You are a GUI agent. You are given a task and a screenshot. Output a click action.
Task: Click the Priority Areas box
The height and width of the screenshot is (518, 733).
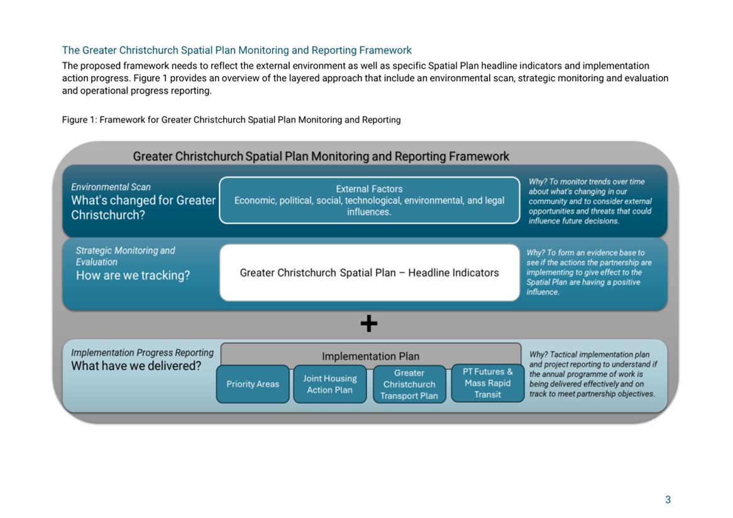253,384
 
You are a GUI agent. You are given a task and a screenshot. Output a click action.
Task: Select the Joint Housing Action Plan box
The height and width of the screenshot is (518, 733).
330,384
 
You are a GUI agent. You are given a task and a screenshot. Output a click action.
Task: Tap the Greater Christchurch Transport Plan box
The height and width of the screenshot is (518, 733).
409,384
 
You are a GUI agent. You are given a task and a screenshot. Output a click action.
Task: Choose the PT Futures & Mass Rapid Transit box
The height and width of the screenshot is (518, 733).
488,383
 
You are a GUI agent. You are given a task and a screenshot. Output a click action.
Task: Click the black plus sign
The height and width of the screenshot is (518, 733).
369,323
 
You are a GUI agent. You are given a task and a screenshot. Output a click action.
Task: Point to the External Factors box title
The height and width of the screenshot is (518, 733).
369,189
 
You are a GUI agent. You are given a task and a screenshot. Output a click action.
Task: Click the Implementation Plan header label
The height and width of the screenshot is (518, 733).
371,356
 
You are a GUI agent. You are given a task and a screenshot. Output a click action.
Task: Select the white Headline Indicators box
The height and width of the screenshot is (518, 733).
370,272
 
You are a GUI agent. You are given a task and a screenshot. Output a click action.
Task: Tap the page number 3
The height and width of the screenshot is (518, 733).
668,500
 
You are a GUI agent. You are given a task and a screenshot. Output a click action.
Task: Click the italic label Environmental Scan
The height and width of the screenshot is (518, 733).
111,187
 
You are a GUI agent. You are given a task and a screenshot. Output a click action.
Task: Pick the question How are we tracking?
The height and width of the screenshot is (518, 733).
133,276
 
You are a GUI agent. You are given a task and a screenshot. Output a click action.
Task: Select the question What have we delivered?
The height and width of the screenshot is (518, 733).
136,365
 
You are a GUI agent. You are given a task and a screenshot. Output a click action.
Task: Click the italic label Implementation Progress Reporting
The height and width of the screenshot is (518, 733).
142,353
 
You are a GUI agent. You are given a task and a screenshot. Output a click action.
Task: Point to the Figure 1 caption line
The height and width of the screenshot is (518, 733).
231,119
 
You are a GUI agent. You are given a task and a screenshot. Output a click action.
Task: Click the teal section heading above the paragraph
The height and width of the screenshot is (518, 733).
237,50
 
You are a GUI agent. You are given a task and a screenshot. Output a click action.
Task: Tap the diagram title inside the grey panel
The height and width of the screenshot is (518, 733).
321,156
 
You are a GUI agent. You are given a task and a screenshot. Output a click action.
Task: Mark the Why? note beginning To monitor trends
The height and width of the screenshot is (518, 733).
590,202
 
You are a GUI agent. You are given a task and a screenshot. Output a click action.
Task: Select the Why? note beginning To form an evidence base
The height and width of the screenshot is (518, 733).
589,272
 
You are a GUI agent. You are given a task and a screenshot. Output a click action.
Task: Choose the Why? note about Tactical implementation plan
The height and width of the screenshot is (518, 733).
593,374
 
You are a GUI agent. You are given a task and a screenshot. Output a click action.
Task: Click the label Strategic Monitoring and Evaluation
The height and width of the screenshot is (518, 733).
125,256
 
